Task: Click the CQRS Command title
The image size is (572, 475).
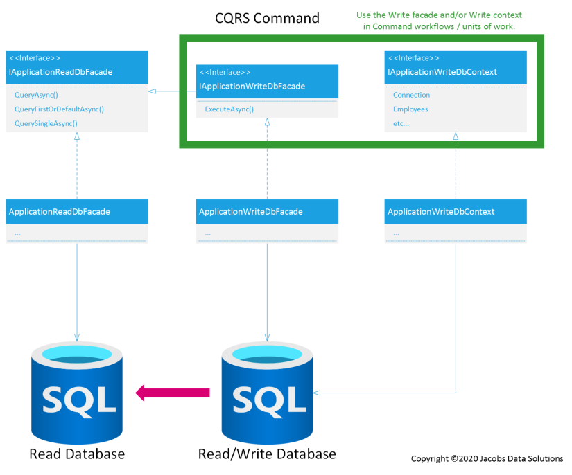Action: point(267,18)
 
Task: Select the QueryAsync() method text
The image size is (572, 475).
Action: point(36,95)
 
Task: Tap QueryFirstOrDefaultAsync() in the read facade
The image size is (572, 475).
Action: point(59,109)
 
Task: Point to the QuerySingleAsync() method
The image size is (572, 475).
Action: point(46,123)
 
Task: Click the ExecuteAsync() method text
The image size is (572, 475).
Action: point(229,109)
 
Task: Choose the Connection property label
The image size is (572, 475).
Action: point(411,95)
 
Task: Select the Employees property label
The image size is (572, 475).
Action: point(410,109)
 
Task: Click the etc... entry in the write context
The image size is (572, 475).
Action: point(401,123)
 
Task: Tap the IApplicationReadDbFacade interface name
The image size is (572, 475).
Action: point(60,72)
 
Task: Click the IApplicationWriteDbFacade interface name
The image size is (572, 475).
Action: point(252,87)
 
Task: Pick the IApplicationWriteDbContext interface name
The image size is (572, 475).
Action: point(442,72)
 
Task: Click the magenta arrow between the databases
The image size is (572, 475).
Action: point(173,393)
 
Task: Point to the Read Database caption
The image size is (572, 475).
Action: point(77,454)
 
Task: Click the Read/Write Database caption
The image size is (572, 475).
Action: point(267,454)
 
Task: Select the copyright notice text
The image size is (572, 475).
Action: point(487,458)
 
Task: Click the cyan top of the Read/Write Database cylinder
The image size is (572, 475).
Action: point(267,353)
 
